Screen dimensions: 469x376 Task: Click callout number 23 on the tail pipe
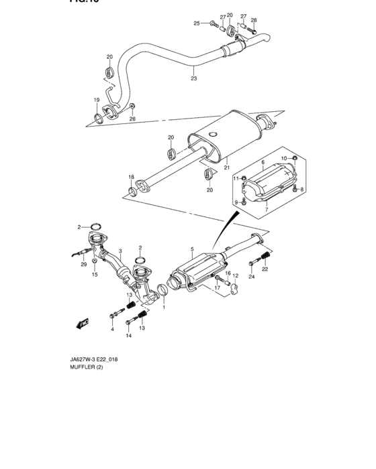[x=193, y=78]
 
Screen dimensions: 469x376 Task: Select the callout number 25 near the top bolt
[x=197, y=23]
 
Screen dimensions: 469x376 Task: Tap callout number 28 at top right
[x=254, y=20]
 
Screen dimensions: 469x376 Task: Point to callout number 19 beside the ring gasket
[x=97, y=100]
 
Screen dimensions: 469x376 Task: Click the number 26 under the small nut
[x=132, y=119]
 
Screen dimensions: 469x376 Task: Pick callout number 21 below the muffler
[x=227, y=167]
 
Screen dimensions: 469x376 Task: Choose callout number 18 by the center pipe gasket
[x=132, y=177]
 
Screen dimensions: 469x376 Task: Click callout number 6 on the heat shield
[x=263, y=163]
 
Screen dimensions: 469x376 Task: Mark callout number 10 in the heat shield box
[x=283, y=157]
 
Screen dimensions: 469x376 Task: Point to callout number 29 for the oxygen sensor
[x=85, y=265]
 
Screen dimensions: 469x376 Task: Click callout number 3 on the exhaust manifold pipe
[x=120, y=251]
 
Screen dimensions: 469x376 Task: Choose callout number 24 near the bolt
[x=252, y=276]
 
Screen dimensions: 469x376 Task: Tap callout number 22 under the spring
[x=265, y=269]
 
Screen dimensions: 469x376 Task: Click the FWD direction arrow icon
[x=84, y=324]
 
